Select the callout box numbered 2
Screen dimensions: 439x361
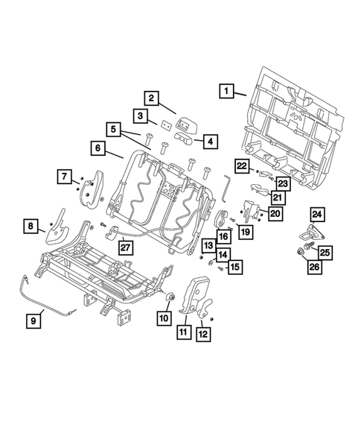[150, 98]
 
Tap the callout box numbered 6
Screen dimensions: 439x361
[98, 148]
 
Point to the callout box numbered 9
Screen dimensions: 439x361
[33, 320]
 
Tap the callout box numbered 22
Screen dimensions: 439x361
[242, 165]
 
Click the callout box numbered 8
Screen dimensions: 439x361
[31, 225]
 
